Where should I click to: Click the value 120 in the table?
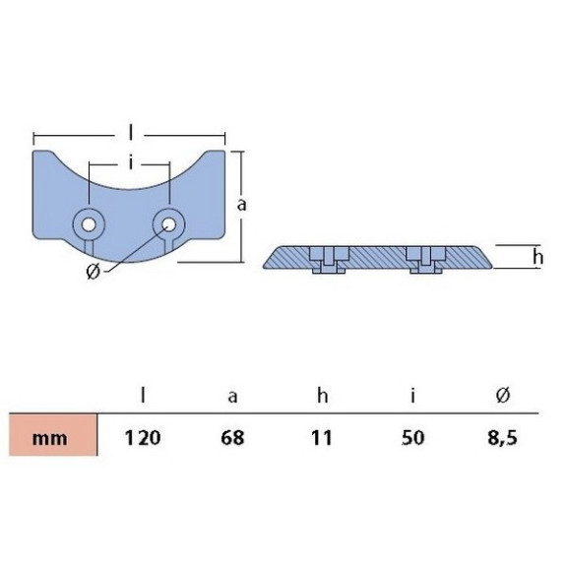(x=143, y=438)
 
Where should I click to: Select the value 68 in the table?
(x=232, y=438)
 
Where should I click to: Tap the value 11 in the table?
(x=321, y=438)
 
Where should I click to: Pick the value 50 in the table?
(x=413, y=438)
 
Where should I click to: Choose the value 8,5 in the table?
(x=502, y=438)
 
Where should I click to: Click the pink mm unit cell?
(x=53, y=435)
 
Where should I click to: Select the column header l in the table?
(x=144, y=396)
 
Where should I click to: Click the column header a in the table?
(x=233, y=398)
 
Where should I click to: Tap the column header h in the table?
(x=322, y=396)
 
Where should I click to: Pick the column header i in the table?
(x=413, y=396)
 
